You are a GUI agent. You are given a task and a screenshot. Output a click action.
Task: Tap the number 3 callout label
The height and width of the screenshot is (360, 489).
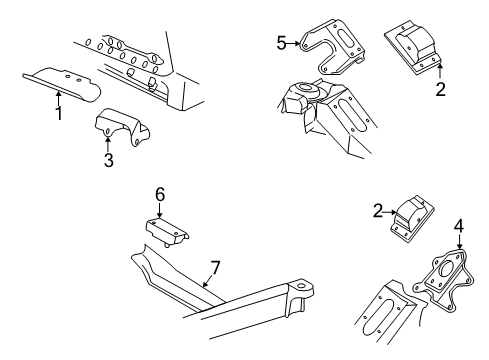[x=108, y=158]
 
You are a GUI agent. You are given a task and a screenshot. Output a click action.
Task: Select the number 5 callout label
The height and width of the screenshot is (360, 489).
[x=282, y=42]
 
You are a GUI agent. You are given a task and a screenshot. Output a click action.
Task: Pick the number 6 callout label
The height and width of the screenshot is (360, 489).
[x=158, y=194]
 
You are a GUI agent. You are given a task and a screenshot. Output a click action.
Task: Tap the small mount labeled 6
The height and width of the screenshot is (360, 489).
[x=166, y=231]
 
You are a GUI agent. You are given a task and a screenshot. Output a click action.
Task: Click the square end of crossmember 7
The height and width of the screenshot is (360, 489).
[x=301, y=302]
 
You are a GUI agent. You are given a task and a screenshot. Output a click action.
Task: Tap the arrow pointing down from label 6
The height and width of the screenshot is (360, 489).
[x=158, y=211]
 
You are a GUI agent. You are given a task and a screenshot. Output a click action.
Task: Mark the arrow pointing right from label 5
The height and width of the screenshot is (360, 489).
[x=297, y=43]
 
